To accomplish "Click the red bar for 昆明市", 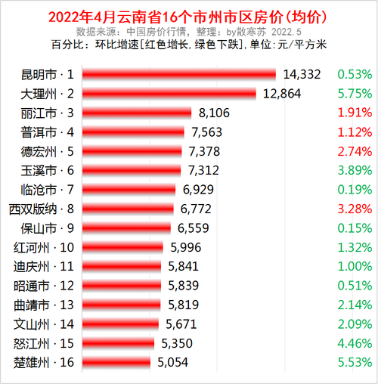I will tap(178, 74).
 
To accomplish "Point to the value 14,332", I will tap(302, 74).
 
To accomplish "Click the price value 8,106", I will tap(214, 113).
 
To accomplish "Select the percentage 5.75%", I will tap(355, 94).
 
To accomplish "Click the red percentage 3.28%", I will tap(355, 209).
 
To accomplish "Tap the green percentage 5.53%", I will tap(355, 362).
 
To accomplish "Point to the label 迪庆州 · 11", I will tap(44, 266).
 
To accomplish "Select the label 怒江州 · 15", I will tap(44, 343).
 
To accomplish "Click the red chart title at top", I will tap(189, 16).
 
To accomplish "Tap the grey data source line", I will tap(189, 32).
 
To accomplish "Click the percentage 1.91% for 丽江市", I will tap(355, 113).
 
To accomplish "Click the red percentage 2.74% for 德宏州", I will tap(355, 151).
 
